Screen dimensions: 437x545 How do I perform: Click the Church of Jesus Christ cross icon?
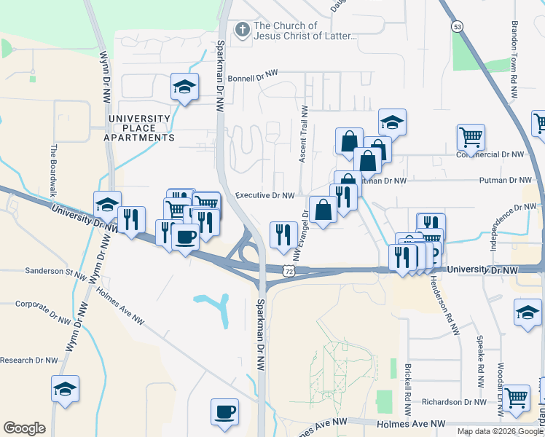pyautogui.click(x=241, y=30)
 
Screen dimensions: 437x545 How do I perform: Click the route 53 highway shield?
pyautogui.click(x=457, y=26)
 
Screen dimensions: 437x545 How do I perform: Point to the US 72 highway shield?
pyautogui.click(x=290, y=271)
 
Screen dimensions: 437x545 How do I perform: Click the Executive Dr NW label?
pyautogui.click(x=264, y=195)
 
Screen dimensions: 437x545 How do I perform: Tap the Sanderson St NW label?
pyautogui.click(x=56, y=271)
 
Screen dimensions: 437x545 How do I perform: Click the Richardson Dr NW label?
pyautogui.click(x=452, y=402)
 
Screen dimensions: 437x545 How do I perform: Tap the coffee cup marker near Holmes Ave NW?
pyautogui.click(x=224, y=412)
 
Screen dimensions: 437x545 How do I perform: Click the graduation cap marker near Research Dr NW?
pyautogui.click(x=65, y=389)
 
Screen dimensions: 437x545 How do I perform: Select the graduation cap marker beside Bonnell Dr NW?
pyautogui.click(x=184, y=87)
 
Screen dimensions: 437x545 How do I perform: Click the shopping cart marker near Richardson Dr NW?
pyautogui.click(x=516, y=398)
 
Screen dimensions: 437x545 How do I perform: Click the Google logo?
pyautogui.click(x=24, y=428)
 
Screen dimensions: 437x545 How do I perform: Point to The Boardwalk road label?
pyautogui.click(x=53, y=173)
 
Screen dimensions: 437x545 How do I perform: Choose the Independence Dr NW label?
pyautogui.click(x=514, y=217)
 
